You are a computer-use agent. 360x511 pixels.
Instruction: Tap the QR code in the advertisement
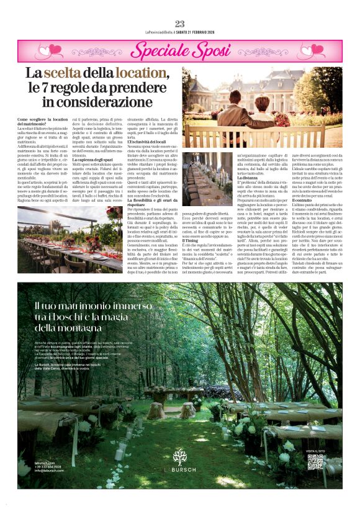[x=315, y=461]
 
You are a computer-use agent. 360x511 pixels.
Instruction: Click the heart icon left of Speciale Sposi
[x=38, y=50]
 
